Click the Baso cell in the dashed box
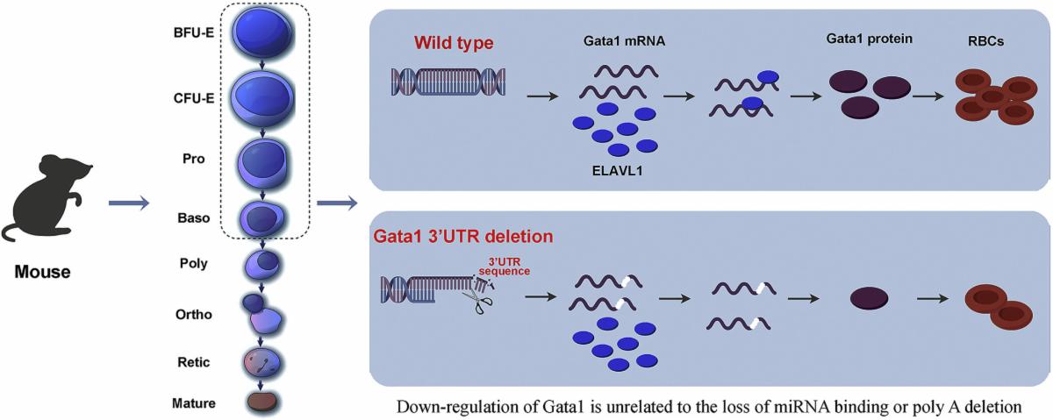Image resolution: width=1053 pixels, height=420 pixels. tap(263, 216)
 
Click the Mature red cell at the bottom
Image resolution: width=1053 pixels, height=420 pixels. tap(263, 402)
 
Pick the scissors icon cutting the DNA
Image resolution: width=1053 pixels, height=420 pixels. tap(480, 297)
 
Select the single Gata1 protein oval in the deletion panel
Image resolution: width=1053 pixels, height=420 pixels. tap(868, 298)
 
